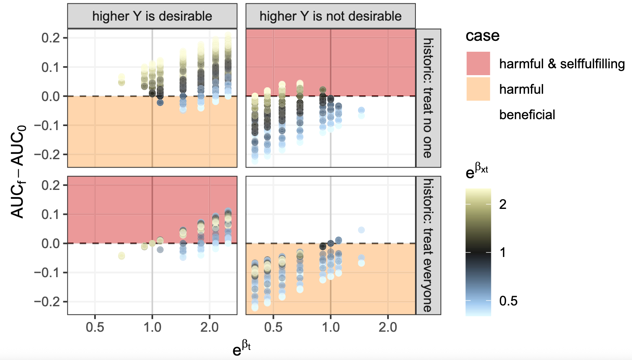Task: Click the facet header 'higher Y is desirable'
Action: [x=152, y=16]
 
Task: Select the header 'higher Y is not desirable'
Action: [x=330, y=16]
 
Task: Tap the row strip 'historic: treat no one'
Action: [x=428, y=98]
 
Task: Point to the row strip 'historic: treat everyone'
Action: [x=428, y=245]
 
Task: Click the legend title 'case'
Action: [x=482, y=36]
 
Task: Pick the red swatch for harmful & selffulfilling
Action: [x=478, y=63]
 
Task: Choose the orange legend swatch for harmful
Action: [x=478, y=89]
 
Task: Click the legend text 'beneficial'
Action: [x=527, y=115]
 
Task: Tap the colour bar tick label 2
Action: [x=503, y=204]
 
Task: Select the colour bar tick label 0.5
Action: [x=508, y=301]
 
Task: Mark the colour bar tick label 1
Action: [x=503, y=253]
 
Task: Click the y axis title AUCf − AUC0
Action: [x=18, y=172]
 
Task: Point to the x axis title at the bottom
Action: [x=242, y=347]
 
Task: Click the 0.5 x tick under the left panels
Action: [x=95, y=327]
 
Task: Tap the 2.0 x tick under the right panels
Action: [x=388, y=327]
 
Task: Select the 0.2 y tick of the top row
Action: [x=51, y=38]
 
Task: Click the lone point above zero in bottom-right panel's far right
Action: [x=361, y=230]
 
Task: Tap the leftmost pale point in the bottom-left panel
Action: [x=121, y=256]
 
